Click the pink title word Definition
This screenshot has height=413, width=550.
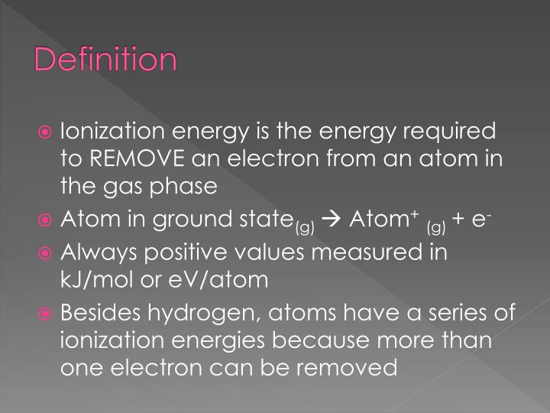coord(106,60)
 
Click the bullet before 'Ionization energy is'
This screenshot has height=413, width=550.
coord(47,132)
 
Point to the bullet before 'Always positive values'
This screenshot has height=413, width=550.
coord(47,253)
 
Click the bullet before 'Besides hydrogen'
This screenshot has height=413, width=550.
coord(47,314)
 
